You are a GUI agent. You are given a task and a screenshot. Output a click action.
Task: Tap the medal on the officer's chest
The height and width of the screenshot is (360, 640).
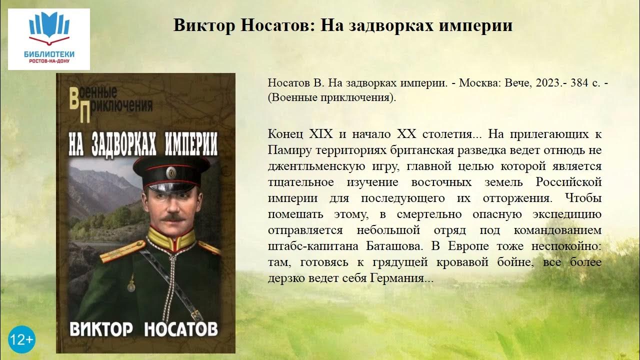pyautogui.click(x=130, y=285)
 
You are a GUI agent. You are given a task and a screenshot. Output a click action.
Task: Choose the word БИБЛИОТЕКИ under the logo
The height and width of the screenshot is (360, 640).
pyautogui.click(x=48, y=53)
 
